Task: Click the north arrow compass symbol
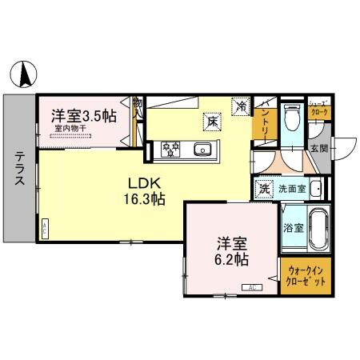pyautogui.click(x=25, y=74)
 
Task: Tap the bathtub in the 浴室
pyautogui.click(x=318, y=226)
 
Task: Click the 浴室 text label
pyautogui.click(x=293, y=227)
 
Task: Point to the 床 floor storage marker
pyautogui.click(x=213, y=121)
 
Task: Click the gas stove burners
pyautogui.click(x=173, y=148)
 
